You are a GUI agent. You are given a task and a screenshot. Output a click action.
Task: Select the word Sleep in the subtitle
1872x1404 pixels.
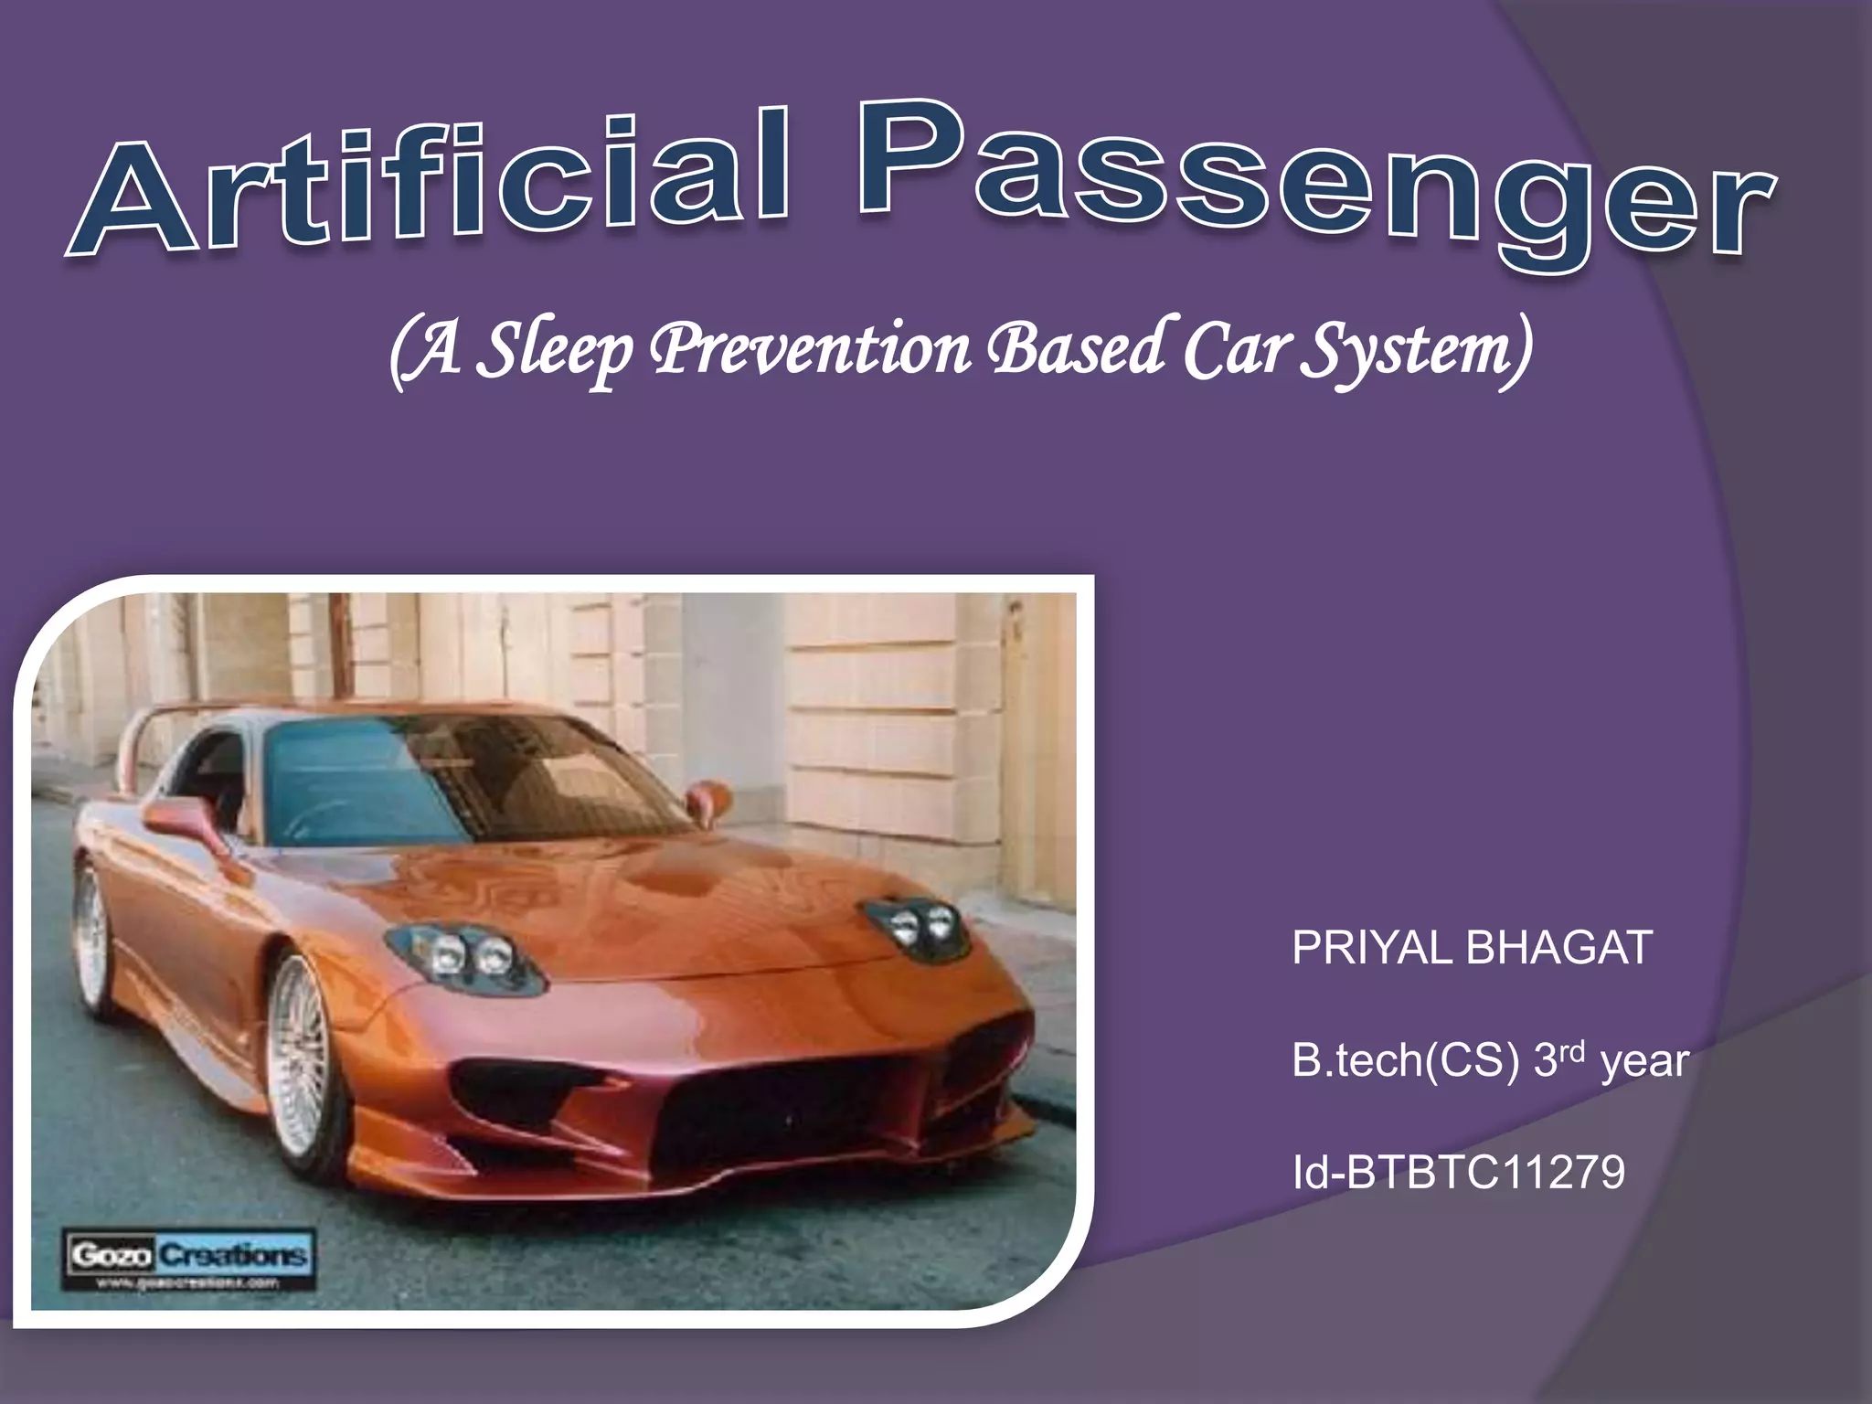pyautogui.click(x=558, y=352)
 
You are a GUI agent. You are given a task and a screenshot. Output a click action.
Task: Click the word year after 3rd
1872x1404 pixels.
pyautogui.click(x=1645, y=1063)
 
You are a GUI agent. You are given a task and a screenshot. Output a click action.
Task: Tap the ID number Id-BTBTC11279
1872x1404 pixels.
pyautogui.click(x=1459, y=1173)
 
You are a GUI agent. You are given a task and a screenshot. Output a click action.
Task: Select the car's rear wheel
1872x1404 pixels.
pyautogui.click(x=91, y=937)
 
